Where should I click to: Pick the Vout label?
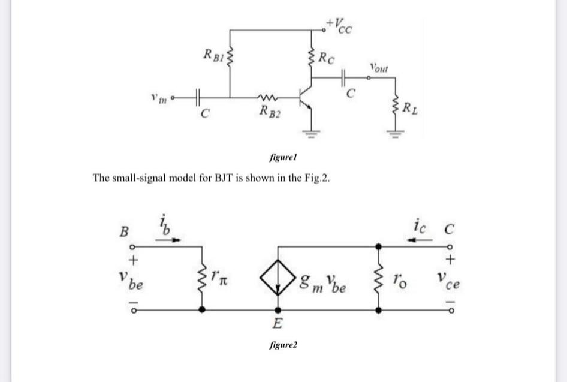[x=379, y=67]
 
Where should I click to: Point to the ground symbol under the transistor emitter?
[x=312, y=133]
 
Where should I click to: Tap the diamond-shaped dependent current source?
[x=277, y=278]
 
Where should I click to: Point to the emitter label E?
[x=276, y=324]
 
